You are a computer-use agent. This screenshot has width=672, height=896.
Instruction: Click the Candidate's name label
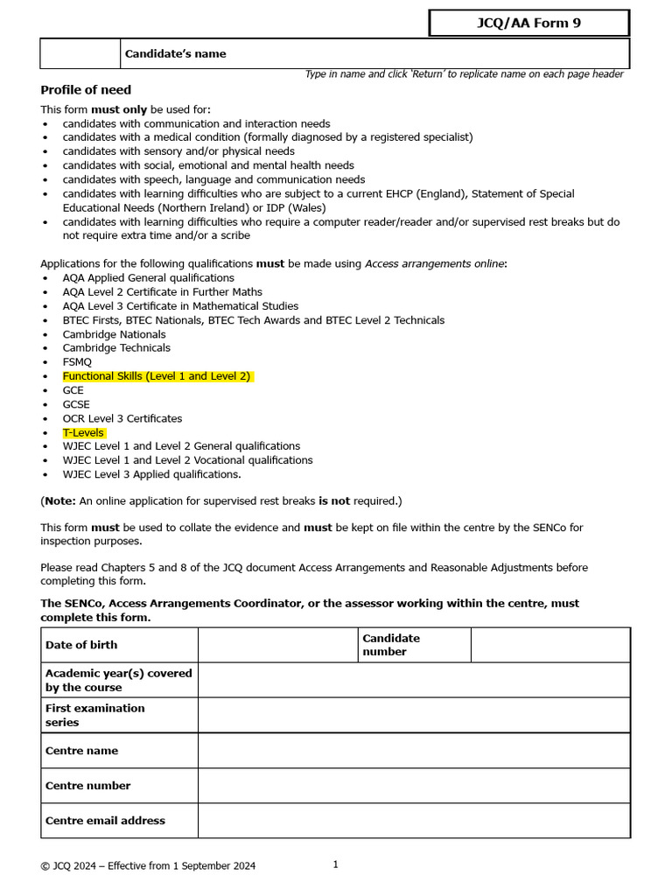coord(175,54)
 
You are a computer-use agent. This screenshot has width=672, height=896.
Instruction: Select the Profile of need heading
coord(86,90)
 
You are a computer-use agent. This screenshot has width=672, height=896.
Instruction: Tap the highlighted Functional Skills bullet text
coord(157,376)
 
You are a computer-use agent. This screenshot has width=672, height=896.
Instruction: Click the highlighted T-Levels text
coord(83,433)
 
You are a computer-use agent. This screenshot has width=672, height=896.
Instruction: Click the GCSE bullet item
coord(76,404)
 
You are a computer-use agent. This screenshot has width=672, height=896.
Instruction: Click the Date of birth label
coord(81,645)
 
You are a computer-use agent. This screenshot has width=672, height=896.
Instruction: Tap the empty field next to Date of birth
coord(277,645)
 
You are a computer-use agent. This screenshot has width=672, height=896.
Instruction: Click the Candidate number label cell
coord(391,645)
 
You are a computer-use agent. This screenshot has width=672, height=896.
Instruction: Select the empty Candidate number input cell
coord(549,645)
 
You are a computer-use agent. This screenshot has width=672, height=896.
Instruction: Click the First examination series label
coord(94,715)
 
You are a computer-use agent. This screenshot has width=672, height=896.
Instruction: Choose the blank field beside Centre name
coord(413,751)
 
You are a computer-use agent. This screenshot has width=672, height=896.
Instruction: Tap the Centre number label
coord(87,786)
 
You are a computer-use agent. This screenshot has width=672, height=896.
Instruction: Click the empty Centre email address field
coord(413,821)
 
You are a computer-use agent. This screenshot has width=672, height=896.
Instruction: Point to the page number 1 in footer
coord(335,864)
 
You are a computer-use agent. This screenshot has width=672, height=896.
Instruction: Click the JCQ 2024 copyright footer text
coord(148,866)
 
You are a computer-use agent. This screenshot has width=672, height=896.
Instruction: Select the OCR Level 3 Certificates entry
coord(122,418)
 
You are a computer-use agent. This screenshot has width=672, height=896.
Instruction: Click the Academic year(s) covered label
coord(118,680)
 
